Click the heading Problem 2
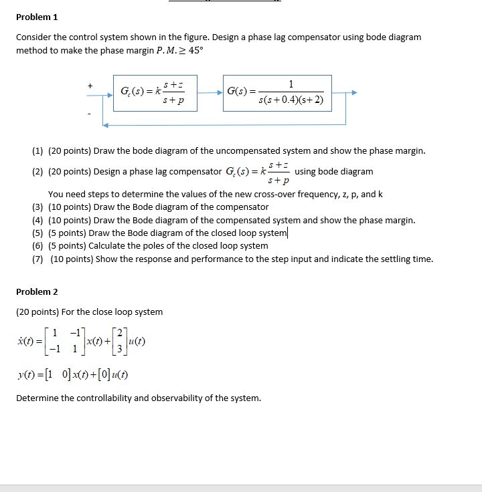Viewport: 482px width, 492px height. click(x=37, y=291)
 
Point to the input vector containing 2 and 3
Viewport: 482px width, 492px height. click(x=119, y=341)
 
